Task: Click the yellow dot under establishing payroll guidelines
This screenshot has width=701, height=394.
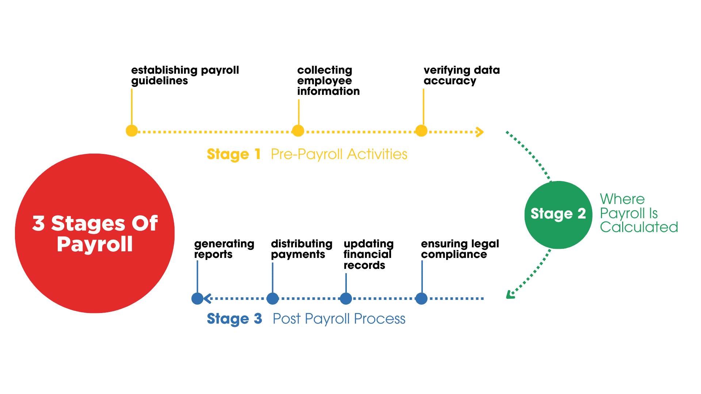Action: pos(131,131)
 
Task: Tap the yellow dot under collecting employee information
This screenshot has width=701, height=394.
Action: pos(298,131)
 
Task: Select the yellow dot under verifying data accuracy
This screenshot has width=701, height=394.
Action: pos(421,131)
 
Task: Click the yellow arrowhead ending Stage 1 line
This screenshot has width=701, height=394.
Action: pos(480,132)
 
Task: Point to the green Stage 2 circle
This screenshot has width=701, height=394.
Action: pos(558,215)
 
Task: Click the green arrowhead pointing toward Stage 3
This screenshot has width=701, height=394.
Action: pos(510,295)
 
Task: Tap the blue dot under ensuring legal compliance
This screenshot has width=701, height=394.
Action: pos(421,298)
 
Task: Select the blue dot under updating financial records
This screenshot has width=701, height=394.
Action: pos(346,298)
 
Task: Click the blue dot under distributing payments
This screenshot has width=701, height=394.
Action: pos(272,298)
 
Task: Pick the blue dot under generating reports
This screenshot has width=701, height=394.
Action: pos(197,298)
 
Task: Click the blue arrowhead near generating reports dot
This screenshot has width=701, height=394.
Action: pos(207,298)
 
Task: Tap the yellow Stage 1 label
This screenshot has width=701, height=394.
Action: pos(234,154)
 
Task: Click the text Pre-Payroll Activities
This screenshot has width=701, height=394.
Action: pos(339,154)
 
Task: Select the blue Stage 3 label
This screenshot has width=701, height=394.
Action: pos(234,319)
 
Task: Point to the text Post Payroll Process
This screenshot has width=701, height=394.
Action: pos(339,319)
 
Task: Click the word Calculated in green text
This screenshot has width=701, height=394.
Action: pos(639,227)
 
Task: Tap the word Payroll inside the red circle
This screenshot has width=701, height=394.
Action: pos(95,244)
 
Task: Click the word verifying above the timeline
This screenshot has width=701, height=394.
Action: pos(447,70)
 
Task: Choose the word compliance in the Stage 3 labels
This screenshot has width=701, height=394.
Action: pos(454,255)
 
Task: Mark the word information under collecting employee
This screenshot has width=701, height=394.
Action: pos(328,91)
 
